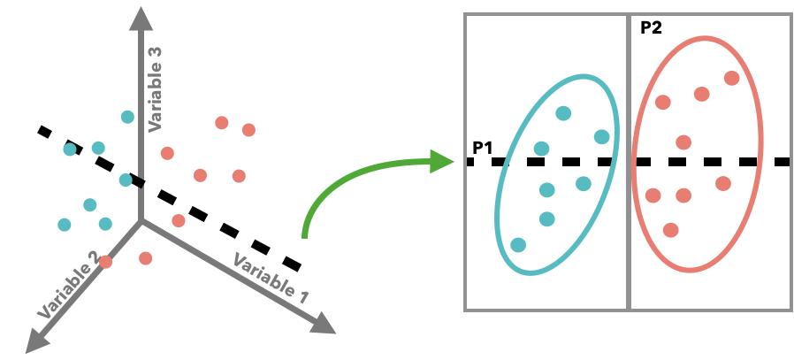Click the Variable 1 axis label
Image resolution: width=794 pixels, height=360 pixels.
[270, 278]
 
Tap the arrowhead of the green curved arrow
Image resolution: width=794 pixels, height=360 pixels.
[441, 161]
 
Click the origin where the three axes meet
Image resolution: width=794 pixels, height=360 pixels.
[140, 221]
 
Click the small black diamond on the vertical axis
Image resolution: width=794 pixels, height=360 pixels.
[140, 181]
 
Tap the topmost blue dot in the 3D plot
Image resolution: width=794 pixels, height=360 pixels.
[127, 117]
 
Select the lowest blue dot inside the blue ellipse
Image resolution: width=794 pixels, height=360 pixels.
[518, 244]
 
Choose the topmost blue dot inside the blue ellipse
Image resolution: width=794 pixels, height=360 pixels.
[563, 113]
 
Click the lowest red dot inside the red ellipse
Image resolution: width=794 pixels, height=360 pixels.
[670, 230]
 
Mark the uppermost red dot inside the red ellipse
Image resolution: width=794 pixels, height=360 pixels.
[731, 78]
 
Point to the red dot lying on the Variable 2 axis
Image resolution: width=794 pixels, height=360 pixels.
[106, 261]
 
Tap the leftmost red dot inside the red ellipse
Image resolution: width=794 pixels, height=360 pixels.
[653, 195]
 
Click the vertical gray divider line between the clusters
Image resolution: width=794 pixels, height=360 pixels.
[629, 162]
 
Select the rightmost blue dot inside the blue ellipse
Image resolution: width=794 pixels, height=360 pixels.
[602, 137]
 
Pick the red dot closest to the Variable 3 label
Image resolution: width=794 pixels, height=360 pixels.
[167, 153]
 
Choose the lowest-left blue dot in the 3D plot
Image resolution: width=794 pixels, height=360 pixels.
[65, 225]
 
